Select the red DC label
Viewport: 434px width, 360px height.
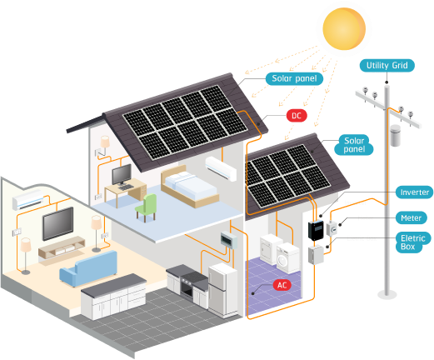pos(296,116)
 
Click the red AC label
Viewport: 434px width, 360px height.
pos(282,285)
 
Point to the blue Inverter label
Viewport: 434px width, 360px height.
pos(414,192)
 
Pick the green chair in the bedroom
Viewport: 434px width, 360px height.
pos(147,206)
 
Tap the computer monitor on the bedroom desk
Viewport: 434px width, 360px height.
pos(122,175)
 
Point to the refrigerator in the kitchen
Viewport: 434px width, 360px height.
pos(223,287)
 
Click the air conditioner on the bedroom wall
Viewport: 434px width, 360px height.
pos(222,167)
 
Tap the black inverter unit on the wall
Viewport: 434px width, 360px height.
pos(317,229)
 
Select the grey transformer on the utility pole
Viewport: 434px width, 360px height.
pos(394,135)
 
